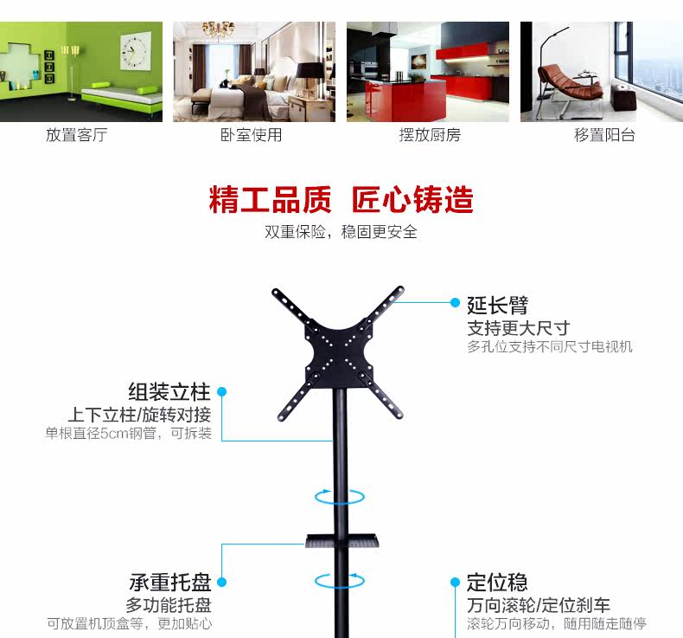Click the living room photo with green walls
pyautogui.click(x=81, y=71)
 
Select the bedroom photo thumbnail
pyautogui.click(x=254, y=71)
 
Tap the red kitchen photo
pyautogui.click(x=427, y=71)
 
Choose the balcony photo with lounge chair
pyautogui.click(x=600, y=71)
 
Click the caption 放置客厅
pyautogui.click(x=76, y=135)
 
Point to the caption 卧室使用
pyautogui.click(x=251, y=135)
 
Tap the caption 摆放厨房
pyautogui.click(x=430, y=135)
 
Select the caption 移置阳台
pyautogui.click(x=604, y=135)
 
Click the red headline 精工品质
pyautogui.click(x=269, y=200)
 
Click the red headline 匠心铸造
pyautogui.click(x=412, y=200)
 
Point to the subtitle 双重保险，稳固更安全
pyautogui.click(x=341, y=232)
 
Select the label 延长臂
pyautogui.click(x=497, y=305)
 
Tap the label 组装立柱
pyautogui.click(x=169, y=391)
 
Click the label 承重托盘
pyautogui.click(x=170, y=583)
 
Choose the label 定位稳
pyautogui.click(x=497, y=582)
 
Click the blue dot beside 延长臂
pyautogui.click(x=455, y=302)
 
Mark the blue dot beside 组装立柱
pyautogui.click(x=221, y=392)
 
